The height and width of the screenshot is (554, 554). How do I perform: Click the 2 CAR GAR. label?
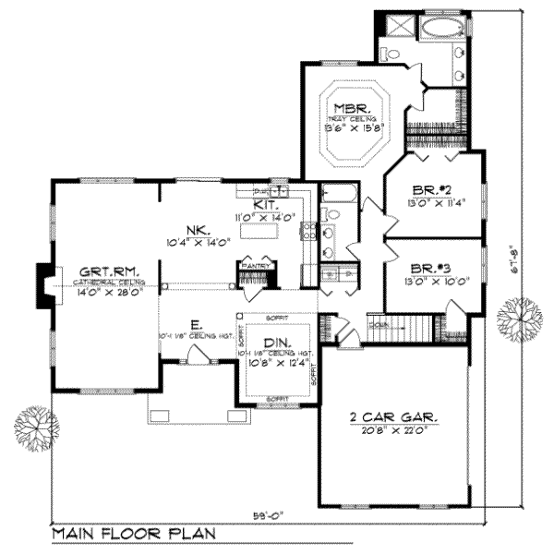click(395, 417)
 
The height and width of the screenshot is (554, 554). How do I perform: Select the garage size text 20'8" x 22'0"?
click(395, 430)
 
